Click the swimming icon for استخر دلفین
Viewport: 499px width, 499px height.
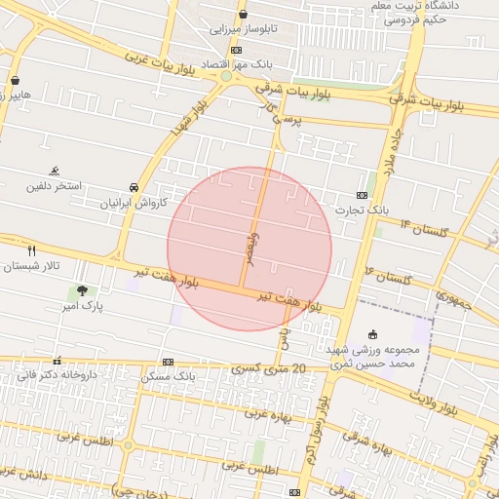[55, 170]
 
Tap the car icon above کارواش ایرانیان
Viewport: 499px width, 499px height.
[134, 187]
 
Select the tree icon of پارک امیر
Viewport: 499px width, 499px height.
[82, 290]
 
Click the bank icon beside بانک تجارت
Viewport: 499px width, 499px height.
[363, 195]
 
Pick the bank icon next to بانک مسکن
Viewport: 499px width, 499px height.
[168, 362]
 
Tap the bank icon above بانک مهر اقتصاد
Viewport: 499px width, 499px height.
[236, 51]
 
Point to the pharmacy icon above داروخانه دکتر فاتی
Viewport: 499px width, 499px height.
[57, 360]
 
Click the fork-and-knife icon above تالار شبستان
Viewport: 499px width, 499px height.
[32, 251]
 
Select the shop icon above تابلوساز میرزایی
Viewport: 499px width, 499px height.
[243, 14]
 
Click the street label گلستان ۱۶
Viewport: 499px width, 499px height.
[389, 274]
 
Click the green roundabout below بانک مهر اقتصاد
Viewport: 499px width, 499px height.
[226, 76]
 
